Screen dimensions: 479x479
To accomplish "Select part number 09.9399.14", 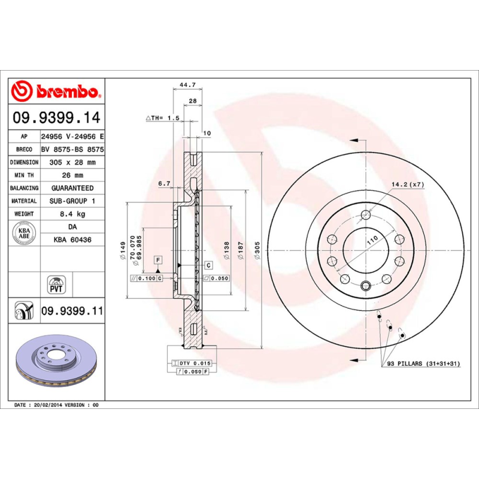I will (x=56, y=118).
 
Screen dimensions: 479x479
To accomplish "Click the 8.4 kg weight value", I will (x=72, y=214).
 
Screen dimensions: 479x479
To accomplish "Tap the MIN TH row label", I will (x=25, y=175).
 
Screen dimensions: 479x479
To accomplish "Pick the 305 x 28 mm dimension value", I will (x=72, y=162).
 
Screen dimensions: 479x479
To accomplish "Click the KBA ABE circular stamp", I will (x=25, y=231).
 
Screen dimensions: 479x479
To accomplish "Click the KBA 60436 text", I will (x=72, y=239).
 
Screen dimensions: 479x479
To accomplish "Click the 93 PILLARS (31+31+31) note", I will (x=422, y=363).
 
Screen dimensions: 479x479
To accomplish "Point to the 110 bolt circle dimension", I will (x=371, y=239).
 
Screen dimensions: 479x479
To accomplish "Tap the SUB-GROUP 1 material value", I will (x=72, y=201).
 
